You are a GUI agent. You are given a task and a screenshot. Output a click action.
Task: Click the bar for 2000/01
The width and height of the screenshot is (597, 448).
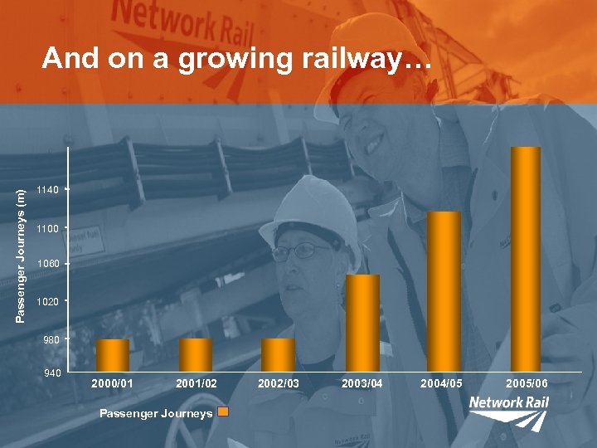tap(113, 354)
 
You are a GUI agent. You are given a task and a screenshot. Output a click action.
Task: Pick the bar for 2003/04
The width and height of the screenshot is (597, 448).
tap(362, 322)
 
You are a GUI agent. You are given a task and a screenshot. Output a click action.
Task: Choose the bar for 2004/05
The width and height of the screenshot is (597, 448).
tap(444, 290)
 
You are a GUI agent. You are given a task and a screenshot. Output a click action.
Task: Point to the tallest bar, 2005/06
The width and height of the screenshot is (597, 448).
tap(526, 258)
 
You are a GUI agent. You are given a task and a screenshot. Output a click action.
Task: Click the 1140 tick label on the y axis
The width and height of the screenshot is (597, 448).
tap(48, 190)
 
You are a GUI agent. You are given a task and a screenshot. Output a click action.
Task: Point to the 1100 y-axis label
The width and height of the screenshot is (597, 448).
tap(48, 227)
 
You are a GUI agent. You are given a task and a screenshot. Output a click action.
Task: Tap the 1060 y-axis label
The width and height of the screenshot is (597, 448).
tap(48, 265)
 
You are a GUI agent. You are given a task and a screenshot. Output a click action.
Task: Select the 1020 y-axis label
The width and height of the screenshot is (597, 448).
tap(48, 302)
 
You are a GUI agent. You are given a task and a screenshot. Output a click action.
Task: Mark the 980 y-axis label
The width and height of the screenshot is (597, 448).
tap(51, 339)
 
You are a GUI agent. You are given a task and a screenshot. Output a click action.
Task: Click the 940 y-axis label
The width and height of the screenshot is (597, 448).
tap(51, 374)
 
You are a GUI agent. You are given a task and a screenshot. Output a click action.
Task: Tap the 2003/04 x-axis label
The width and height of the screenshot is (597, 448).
tap(362, 384)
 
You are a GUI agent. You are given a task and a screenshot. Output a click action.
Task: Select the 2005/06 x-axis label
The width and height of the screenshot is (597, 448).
tap(527, 384)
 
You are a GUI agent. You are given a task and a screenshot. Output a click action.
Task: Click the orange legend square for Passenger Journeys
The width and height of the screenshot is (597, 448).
tap(222, 412)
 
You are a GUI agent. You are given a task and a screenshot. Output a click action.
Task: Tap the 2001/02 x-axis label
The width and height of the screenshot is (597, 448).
tap(197, 384)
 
